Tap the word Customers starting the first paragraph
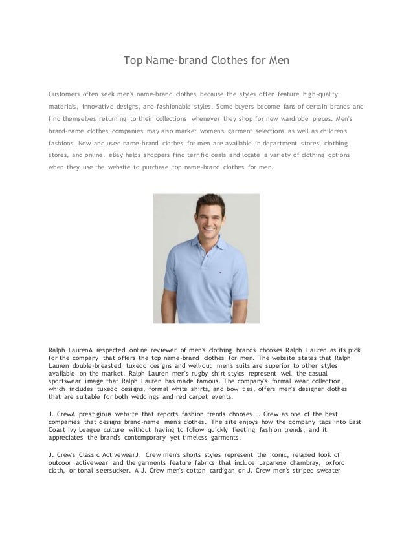(67, 92)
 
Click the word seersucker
(117, 471)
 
